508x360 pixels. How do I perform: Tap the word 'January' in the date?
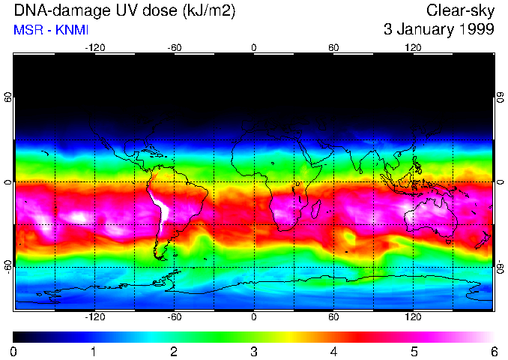click(x=421, y=30)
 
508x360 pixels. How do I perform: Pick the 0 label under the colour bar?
click(x=14, y=351)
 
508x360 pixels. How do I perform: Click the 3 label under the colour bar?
click(x=254, y=351)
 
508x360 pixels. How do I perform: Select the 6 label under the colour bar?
click(x=493, y=351)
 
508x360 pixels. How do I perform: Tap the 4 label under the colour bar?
click(x=333, y=351)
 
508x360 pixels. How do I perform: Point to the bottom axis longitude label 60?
click(x=333, y=316)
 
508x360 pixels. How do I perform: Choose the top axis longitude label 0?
click(x=254, y=47)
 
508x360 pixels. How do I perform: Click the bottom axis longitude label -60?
click(x=174, y=316)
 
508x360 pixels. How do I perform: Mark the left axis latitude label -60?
click(x=7, y=267)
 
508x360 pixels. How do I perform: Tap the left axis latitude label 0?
click(x=7, y=182)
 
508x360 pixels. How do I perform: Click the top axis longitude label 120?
click(x=413, y=47)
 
